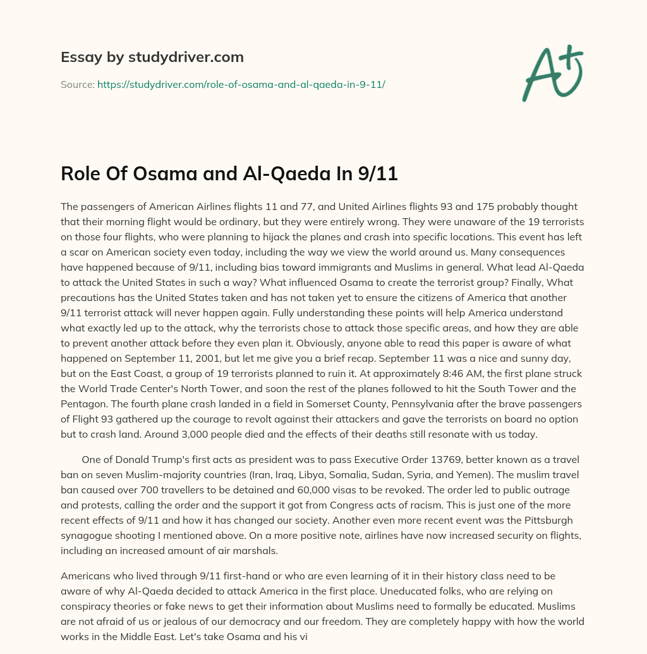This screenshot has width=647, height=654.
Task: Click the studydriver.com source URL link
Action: [x=241, y=83]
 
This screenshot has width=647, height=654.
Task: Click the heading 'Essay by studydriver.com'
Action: [x=152, y=57]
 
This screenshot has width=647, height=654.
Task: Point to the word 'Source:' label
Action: [x=77, y=83]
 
